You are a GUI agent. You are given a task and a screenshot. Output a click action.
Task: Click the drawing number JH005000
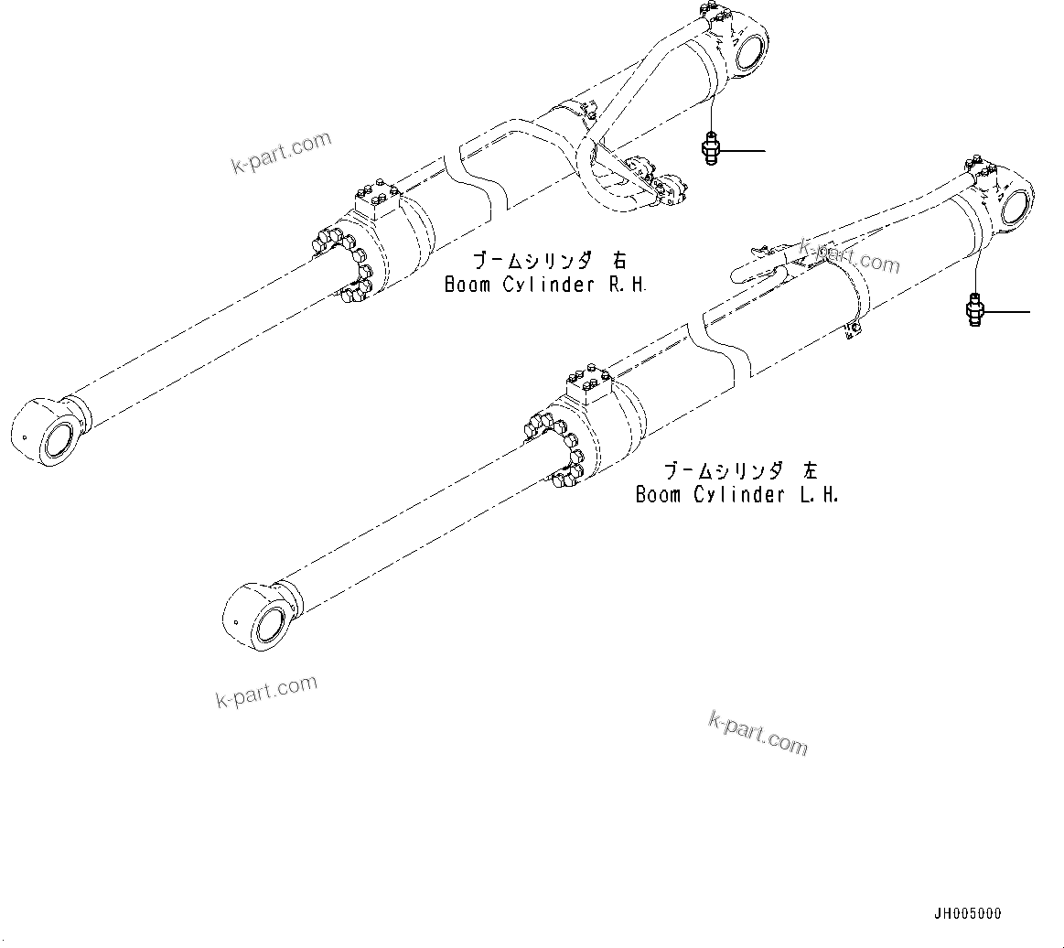967,913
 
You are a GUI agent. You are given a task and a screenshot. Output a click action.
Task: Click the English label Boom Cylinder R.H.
545,285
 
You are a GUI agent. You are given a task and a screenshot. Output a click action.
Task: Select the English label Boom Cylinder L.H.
737,495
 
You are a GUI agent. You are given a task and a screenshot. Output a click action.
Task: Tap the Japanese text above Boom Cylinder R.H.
545,261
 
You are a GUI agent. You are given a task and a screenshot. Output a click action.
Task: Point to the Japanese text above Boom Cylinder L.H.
740,471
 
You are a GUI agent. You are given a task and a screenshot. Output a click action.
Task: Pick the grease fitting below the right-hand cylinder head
710,149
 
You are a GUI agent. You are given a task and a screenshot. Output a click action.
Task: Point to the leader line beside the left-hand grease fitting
1006,312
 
